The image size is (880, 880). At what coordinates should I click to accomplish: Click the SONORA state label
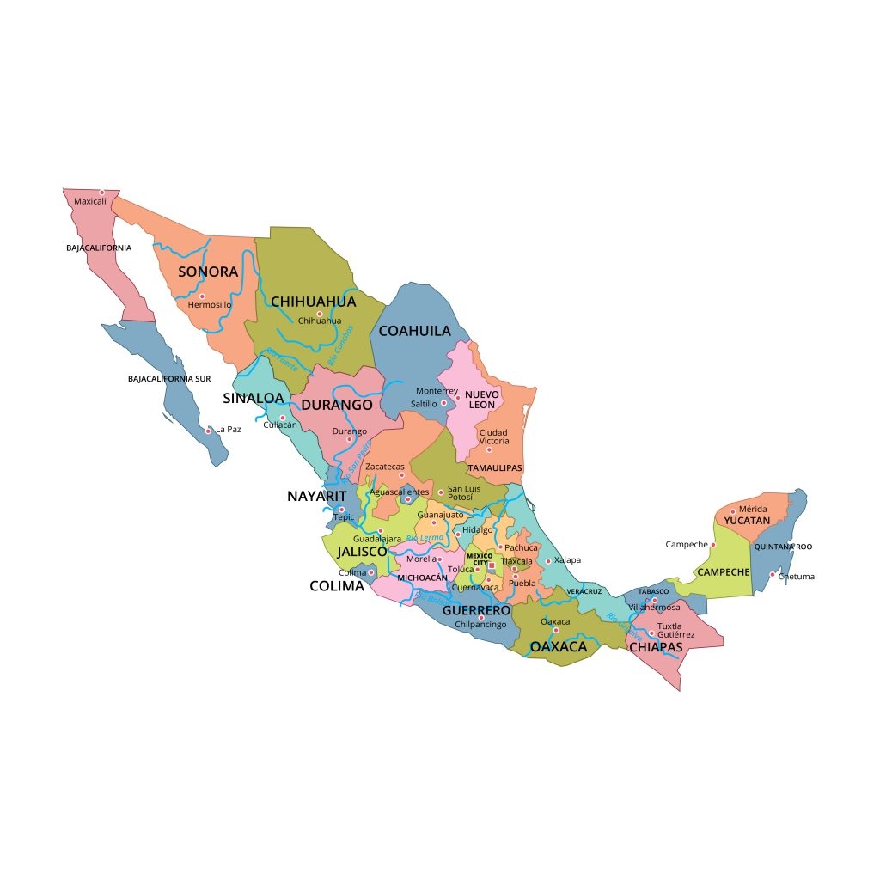(208, 272)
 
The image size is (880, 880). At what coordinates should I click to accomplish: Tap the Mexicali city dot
(101, 192)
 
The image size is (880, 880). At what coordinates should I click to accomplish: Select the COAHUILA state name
(414, 331)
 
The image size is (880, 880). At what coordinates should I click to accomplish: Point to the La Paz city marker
(208, 429)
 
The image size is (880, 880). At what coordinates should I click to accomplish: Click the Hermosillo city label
(210, 304)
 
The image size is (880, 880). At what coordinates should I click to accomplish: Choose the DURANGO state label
(336, 405)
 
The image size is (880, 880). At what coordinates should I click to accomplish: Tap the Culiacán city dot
(282, 418)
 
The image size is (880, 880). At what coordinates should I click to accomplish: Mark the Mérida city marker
(733, 511)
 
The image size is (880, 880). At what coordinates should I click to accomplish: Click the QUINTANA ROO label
(783, 547)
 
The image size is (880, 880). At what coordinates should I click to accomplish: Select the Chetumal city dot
(772, 575)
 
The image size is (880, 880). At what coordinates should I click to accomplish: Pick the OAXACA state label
(558, 646)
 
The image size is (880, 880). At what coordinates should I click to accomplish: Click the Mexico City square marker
(492, 565)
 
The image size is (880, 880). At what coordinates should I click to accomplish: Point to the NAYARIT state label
(316, 496)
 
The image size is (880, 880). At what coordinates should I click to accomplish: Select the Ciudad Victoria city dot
(489, 449)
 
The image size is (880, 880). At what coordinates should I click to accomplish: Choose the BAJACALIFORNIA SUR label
(169, 378)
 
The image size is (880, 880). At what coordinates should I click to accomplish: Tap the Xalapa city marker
(548, 561)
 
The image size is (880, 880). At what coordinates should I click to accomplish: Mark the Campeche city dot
(712, 544)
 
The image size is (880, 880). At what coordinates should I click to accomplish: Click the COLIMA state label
(337, 587)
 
